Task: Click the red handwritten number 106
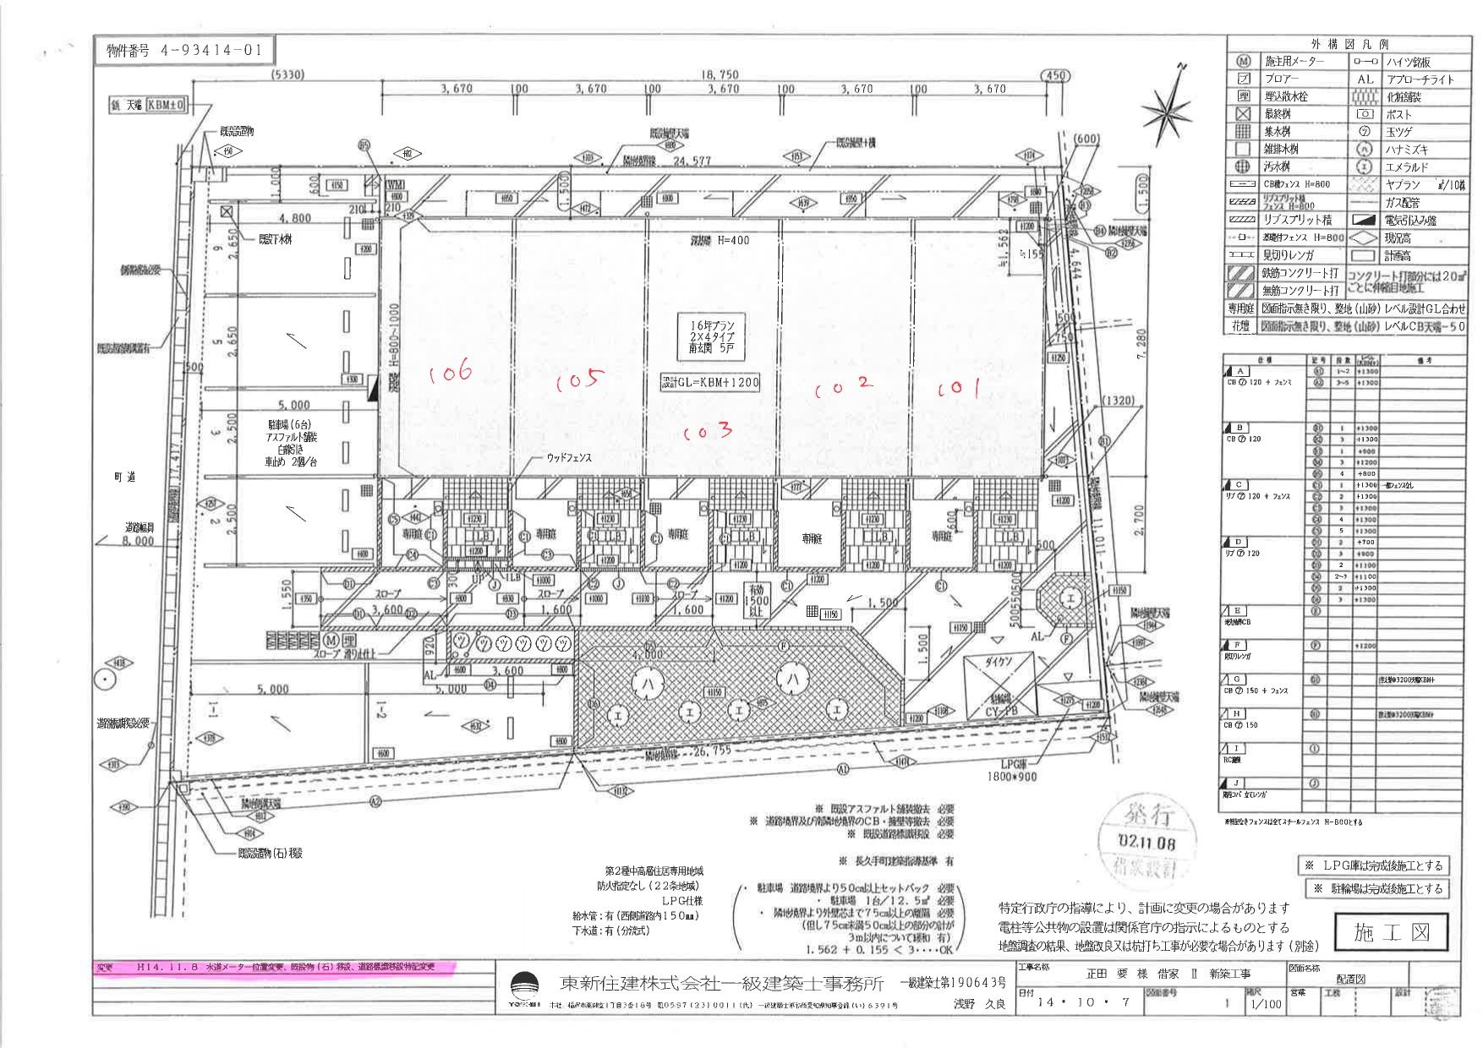[450, 374]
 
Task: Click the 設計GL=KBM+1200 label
[710, 382]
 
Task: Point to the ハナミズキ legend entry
[1408, 150]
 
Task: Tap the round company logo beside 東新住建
[524, 986]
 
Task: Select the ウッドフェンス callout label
[568, 457]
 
